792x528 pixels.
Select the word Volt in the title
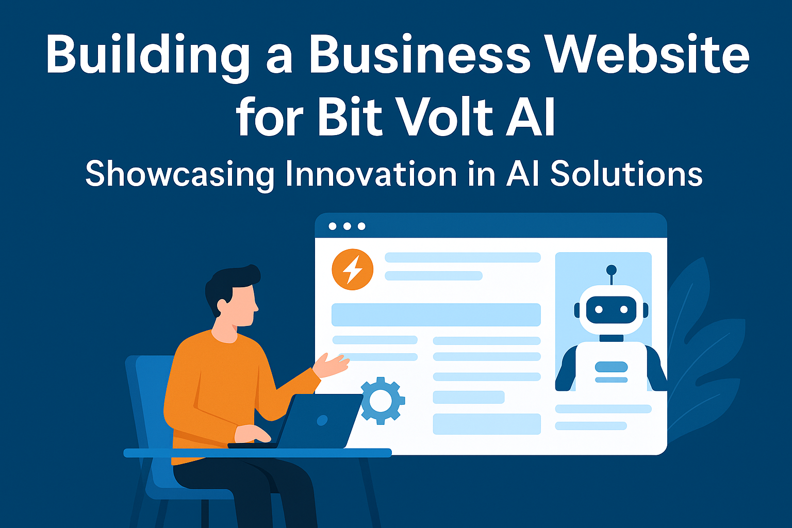tap(444, 116)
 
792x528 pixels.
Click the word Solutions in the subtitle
tap(626, 173)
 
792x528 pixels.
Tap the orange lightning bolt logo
tap(353, 270)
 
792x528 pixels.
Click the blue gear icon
tap(382, 401)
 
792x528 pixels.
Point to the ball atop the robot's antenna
tap(612, 270)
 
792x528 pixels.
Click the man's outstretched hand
tap(331, 366)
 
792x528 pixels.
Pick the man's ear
tap(222, 306)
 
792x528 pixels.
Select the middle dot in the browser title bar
tap(347, 226)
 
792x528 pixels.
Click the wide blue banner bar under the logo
tap(436, 315)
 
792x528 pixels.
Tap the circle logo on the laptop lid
tap(322, 420)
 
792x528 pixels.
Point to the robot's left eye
tap(599, 310)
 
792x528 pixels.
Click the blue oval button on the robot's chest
tap(612, 367)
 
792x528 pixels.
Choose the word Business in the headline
tap(420, 54)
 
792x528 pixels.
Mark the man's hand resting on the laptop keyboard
tap(253, 434)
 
